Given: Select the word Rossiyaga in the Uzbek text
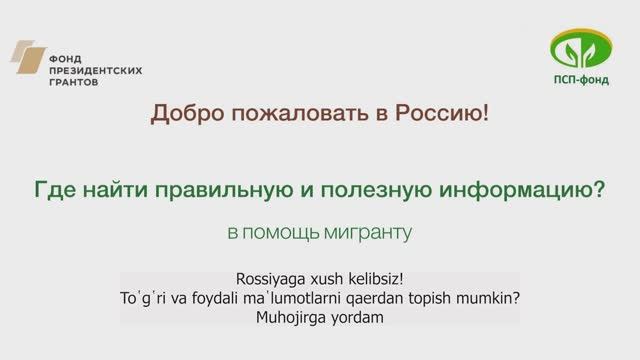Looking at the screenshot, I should tap(265, 279).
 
